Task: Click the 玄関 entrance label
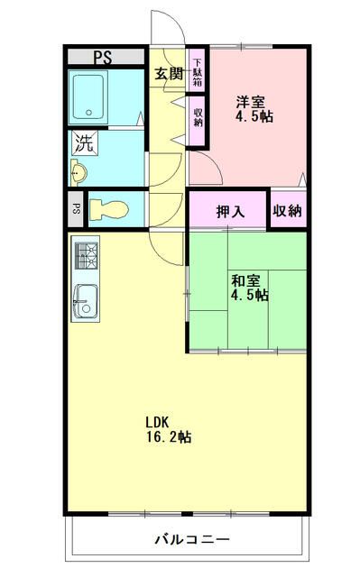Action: coord(168,74)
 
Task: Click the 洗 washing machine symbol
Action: coord(84,142)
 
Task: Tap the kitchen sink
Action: coord(85,301)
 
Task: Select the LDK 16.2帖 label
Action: coord(168,429)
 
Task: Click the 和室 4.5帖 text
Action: coord(247,288)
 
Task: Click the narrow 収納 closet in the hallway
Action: coord(198,116)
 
